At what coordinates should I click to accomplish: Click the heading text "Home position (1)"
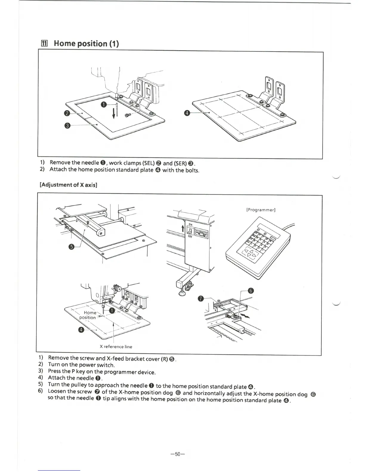[x=86, y=44]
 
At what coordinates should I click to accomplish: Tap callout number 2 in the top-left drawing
[x=67, y=113]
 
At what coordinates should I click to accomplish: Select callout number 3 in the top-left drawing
[x=67, y=125]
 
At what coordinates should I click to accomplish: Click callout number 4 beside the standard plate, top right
[x=187, y=113]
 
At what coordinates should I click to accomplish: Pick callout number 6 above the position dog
[x=251, y=291]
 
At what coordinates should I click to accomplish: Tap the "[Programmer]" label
[x=261, y=210]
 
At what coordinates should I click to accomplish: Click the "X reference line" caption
[x=116, y=347]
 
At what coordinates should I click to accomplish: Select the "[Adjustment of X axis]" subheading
[x=69, y=185]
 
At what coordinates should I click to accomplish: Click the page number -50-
[x=178, y=454]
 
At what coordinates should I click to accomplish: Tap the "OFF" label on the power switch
[x=190, y=236]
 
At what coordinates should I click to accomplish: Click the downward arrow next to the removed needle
[x=114, y=113]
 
